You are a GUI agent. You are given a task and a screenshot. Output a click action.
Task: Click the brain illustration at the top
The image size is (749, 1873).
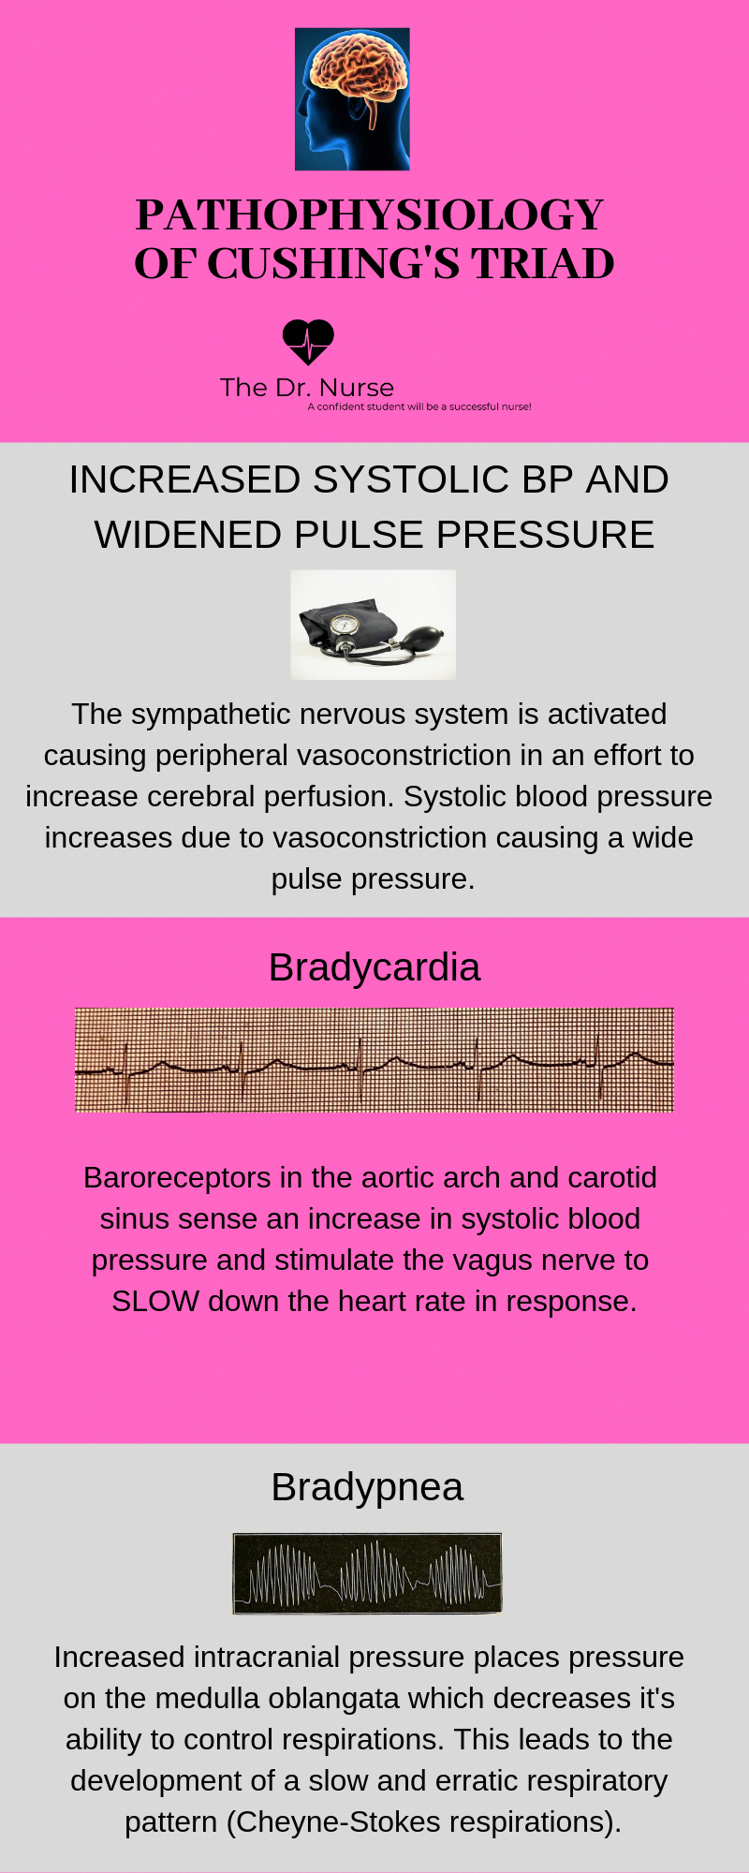[352, 99]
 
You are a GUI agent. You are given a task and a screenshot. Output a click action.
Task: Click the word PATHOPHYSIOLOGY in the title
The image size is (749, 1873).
[370, 214]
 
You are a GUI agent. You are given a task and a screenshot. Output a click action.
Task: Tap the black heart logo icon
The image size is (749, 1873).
[308, 342]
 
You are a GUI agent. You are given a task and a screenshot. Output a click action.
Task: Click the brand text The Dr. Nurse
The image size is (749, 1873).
[307, 388]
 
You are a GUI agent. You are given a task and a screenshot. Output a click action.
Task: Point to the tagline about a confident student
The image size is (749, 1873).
[419, 406]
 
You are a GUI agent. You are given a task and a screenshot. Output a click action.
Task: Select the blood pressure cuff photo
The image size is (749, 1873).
[374, 625]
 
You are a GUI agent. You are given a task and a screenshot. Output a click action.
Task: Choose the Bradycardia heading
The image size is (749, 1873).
[374, 967]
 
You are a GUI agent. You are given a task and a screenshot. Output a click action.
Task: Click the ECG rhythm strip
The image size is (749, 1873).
[374, 1060]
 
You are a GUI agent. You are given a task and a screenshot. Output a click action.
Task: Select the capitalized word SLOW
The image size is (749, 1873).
[155, 1302]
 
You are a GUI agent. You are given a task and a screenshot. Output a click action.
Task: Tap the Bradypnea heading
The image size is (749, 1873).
[367, 1487]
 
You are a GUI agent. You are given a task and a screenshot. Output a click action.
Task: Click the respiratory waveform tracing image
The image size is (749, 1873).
[367, 1573]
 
